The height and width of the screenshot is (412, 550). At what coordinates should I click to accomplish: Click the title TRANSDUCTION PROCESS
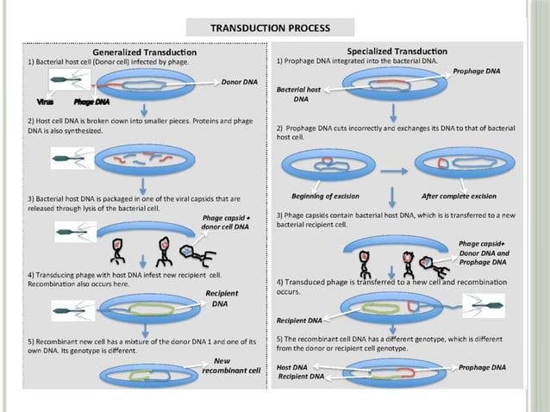pos(270,28)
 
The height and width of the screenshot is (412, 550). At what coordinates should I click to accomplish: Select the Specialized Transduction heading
pos(397,52)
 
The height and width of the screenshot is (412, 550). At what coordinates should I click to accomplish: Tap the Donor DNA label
pos(240,83)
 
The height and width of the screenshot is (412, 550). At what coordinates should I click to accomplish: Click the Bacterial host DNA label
pos(298,94)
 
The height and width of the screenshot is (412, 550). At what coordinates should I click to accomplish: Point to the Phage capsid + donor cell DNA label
pos(224,222)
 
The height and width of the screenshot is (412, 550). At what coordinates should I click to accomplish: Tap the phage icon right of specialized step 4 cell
pos(483,305)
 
